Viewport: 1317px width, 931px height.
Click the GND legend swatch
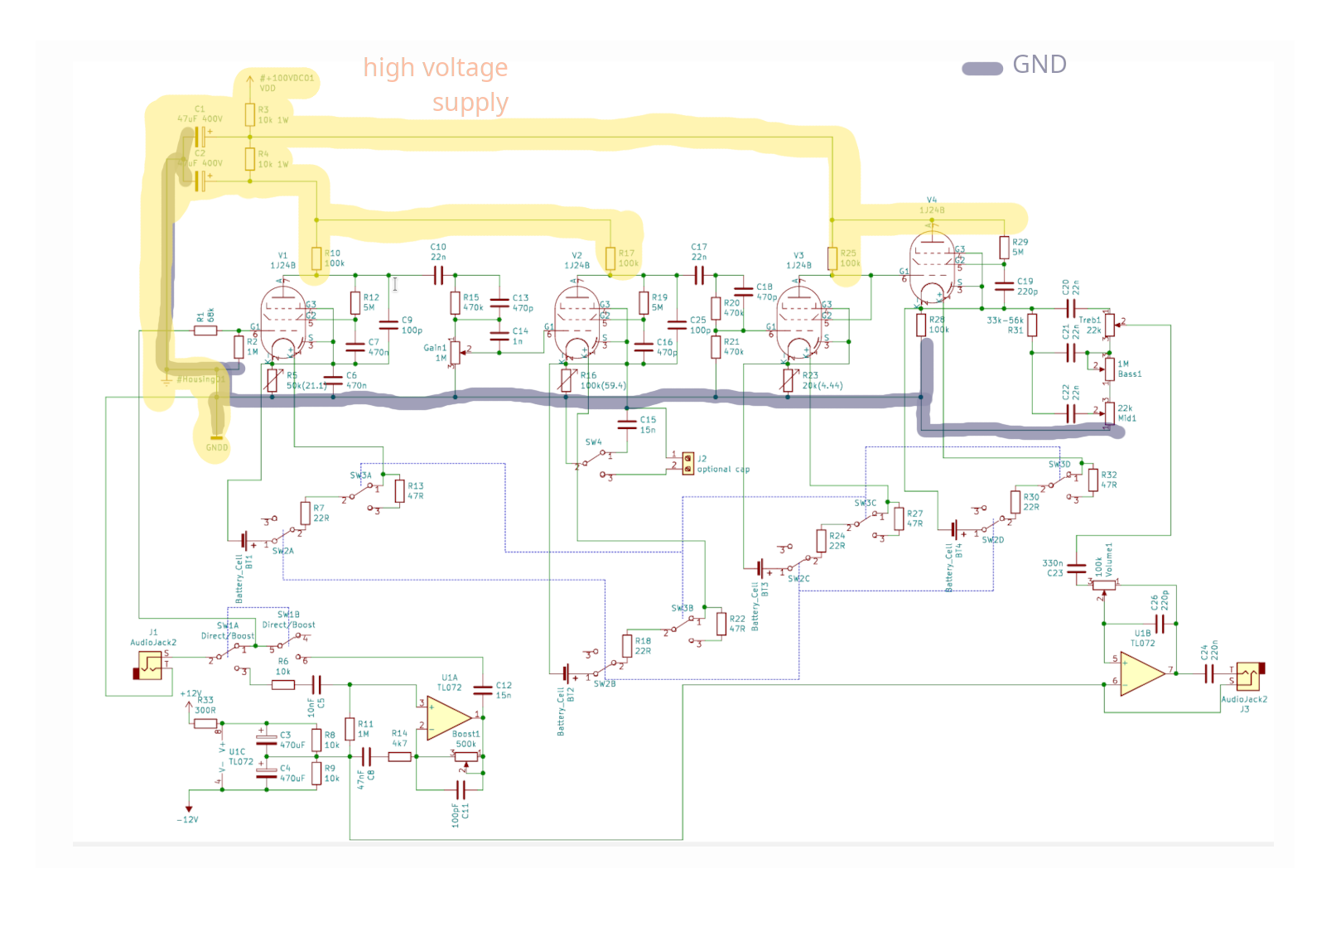click(982, 69)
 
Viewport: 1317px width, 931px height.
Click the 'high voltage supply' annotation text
click(437, 84)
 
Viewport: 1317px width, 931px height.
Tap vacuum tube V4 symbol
click(932, 268)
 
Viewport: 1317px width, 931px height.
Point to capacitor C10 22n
click(438, 276)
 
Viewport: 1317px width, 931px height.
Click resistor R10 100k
click(316, 258)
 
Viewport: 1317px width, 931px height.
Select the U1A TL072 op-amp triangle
click(448, 717)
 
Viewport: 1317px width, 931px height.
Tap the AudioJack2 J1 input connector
click(149, 665)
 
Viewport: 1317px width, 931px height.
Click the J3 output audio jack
click(1248, 677)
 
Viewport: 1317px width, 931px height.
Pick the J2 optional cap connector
click(687, 463)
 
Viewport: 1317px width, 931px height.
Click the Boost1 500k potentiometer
click(466, 755)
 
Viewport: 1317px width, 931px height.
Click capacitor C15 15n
click(627, 425)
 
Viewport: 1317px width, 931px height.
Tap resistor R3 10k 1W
click(249, 114)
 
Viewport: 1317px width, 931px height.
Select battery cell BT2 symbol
click(567, 673)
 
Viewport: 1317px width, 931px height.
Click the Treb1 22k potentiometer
click(1110, 325)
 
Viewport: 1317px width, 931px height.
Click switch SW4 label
click(593, 442)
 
